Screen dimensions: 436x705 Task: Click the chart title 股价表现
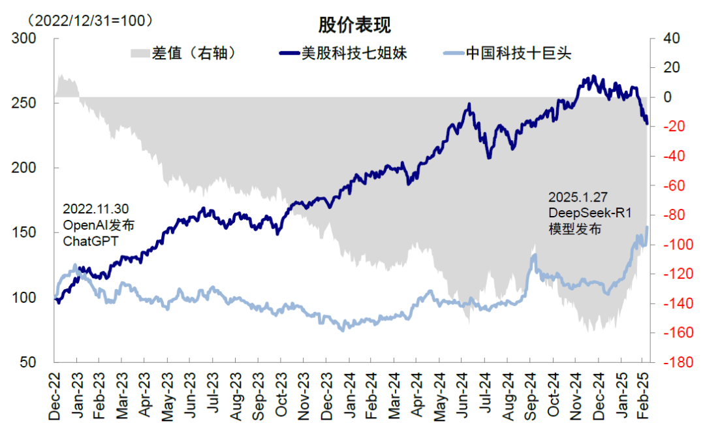click(354, 25)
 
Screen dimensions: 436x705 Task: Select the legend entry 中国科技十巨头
click(518, 54)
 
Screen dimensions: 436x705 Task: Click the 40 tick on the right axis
click(672, 39)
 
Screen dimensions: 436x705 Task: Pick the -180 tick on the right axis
click(676, 362)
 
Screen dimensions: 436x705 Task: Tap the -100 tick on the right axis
click(676, 245)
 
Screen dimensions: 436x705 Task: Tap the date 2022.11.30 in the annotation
click(95, 209)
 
